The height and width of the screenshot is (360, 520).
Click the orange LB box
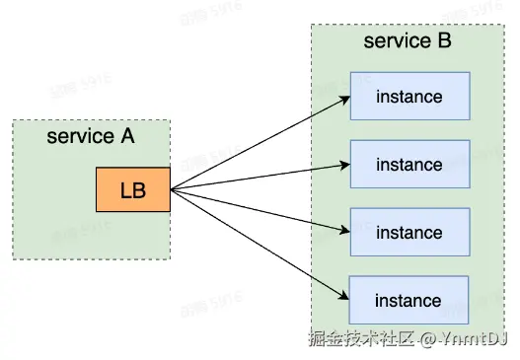click(x=133, y=190)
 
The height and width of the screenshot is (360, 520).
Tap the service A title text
click(x=90, y=136)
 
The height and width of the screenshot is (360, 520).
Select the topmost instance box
click(x=409, y=98)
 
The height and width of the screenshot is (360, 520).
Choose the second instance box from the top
click(x=409, y=165)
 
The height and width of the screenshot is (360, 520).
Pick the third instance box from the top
click(x=409, y=233)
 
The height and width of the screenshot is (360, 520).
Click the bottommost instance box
click(x=409, y=300)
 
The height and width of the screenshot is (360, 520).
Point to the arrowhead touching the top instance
click(x=345, y=98)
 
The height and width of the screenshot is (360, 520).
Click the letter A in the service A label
click(x=126, y=136)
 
